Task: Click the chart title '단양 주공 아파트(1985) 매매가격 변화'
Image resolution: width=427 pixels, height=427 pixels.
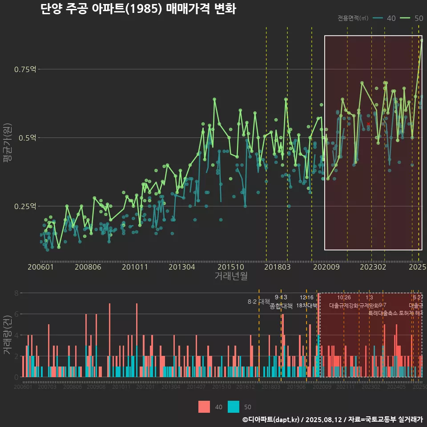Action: (x=138, y=9)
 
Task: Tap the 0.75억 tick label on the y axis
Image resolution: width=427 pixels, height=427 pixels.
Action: (x=25, y=69)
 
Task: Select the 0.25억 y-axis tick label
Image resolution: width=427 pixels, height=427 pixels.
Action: (x=25, y=206)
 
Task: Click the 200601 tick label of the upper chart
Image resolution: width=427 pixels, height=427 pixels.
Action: (x=40, y=267)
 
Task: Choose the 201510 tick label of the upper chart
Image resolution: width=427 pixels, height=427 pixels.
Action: (x=230, y=267)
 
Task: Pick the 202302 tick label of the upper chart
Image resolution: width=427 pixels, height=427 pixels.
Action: (x=372, y=267)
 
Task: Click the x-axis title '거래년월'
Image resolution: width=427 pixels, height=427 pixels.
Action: (x=231, y=276)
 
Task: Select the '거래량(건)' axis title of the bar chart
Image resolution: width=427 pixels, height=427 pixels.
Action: (x=7, y=335)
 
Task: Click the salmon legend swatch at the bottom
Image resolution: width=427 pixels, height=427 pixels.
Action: (x=204, y=407)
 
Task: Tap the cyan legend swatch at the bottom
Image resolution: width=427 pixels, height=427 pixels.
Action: (x=234, y=407)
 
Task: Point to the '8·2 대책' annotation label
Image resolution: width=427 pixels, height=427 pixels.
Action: (x=259, y=302)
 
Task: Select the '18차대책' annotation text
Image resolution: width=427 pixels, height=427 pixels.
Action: (x=306, y=306)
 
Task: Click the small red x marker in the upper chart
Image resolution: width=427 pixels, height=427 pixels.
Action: (x=368, y=124)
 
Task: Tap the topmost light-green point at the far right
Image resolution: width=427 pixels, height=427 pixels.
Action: (x=422, y=40)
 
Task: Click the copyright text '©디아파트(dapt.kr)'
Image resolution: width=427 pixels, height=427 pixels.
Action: (x=271, y=419)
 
